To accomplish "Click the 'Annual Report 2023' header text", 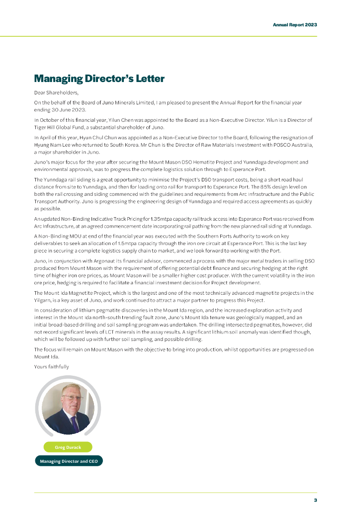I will point(295,24).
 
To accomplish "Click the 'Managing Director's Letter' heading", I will point(99,79).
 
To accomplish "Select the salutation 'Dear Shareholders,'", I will point(56,92).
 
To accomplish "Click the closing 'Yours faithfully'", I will point(51,367).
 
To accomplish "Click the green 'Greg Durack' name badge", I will point(68,447).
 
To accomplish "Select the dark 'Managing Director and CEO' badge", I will point(69,461).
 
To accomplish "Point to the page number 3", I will point(315,500).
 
